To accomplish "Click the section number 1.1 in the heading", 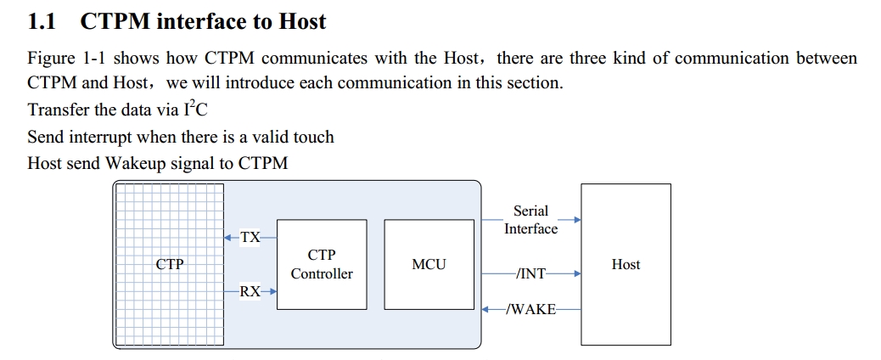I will tap(42, 22).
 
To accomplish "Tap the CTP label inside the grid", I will tap(170, 264).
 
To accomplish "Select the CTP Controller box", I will tap(322, 264).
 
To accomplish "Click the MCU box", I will tap(429, 264).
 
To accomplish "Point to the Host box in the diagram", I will tap(626, 264).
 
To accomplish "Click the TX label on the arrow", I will tap(250, 238).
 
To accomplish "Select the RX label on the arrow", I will tap(250, 291).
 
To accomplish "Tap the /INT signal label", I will tap(530, 273).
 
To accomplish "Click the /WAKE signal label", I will tap(530, 309).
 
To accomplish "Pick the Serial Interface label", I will tap(530, 220).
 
